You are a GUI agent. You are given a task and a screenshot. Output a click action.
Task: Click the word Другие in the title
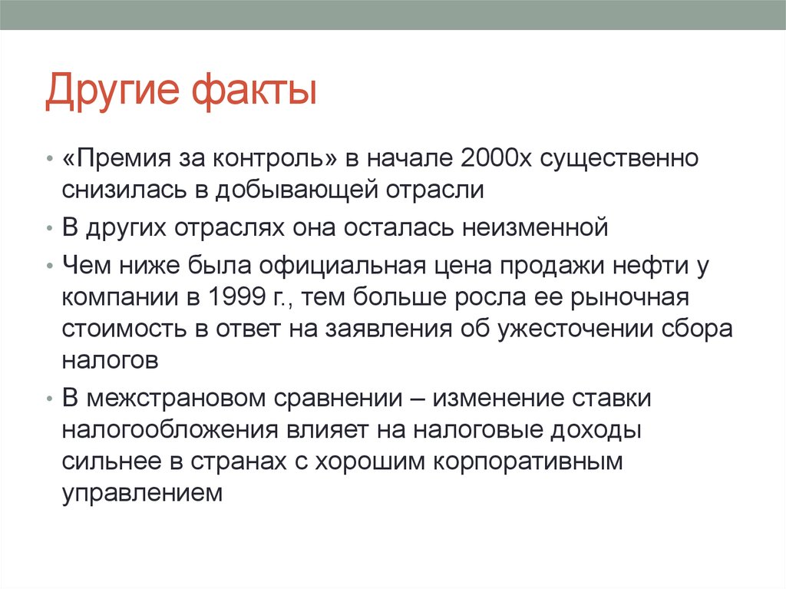pos(116,91)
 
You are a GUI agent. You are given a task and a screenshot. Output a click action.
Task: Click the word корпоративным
pos(520,463)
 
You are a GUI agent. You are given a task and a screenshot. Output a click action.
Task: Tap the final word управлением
pos(142,494)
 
